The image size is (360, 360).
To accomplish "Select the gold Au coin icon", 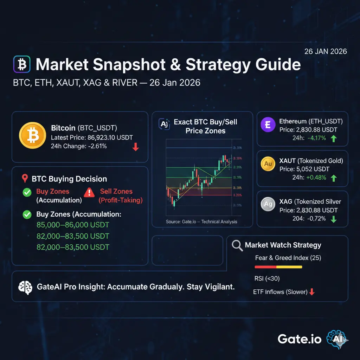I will point(268,164).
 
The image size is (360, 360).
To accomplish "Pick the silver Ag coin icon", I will point(268,204).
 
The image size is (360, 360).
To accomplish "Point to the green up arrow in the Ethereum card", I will point(334,139).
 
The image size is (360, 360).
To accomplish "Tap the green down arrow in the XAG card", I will point(334,219).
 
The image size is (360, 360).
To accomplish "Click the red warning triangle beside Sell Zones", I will point(89,192).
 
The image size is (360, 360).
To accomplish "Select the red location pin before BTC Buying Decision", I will point(25,179).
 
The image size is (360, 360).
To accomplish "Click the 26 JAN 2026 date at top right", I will point(325,51).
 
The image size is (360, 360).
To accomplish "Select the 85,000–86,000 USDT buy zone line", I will point(73,225).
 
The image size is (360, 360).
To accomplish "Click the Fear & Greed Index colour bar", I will point(278,267).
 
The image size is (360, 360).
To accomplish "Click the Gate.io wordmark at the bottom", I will point(299,339).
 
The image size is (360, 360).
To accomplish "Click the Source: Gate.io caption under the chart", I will point(201,221).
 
